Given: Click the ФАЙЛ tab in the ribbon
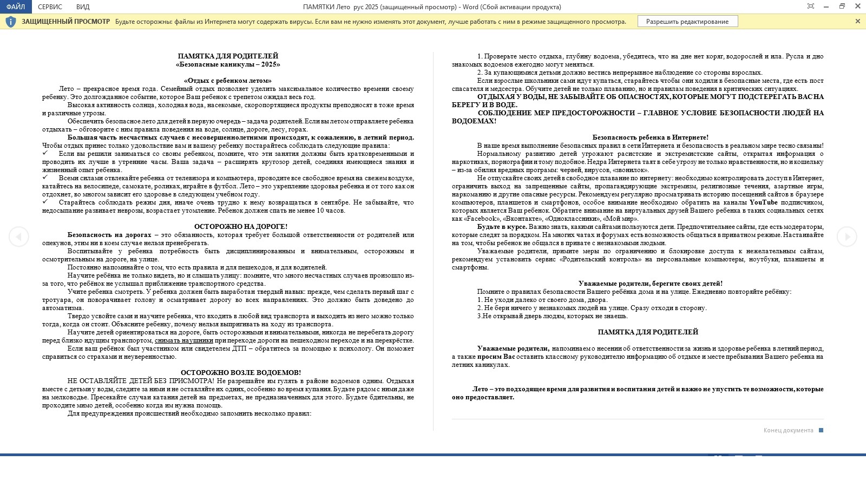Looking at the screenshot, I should click(16, 7).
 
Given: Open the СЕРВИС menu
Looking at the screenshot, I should click(50, 7).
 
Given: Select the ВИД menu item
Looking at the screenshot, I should click(83, 7).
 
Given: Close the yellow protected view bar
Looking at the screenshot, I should click(857, 21).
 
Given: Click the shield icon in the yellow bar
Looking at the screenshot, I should click(11, 22).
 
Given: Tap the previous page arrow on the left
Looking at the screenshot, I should click(18, 236).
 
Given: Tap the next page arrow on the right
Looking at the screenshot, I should click(847, 236).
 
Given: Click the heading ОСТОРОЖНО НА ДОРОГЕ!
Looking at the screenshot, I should click(241, 227).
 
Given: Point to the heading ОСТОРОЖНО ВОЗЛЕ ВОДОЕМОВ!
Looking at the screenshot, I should click(241, 373).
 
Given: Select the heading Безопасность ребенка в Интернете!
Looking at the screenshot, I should click(650, 137).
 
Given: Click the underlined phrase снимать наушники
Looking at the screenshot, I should click(184, 340).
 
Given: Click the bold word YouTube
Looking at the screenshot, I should click(763, 202).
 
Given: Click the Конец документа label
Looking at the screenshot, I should click(788, 430).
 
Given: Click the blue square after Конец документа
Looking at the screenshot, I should click(821, 430).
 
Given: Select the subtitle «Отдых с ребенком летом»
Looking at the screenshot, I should click(228, 81).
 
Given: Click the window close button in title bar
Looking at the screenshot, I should click(857, 6).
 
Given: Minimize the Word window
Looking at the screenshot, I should click(826, 6).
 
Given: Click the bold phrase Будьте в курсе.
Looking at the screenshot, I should click(502, 227).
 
